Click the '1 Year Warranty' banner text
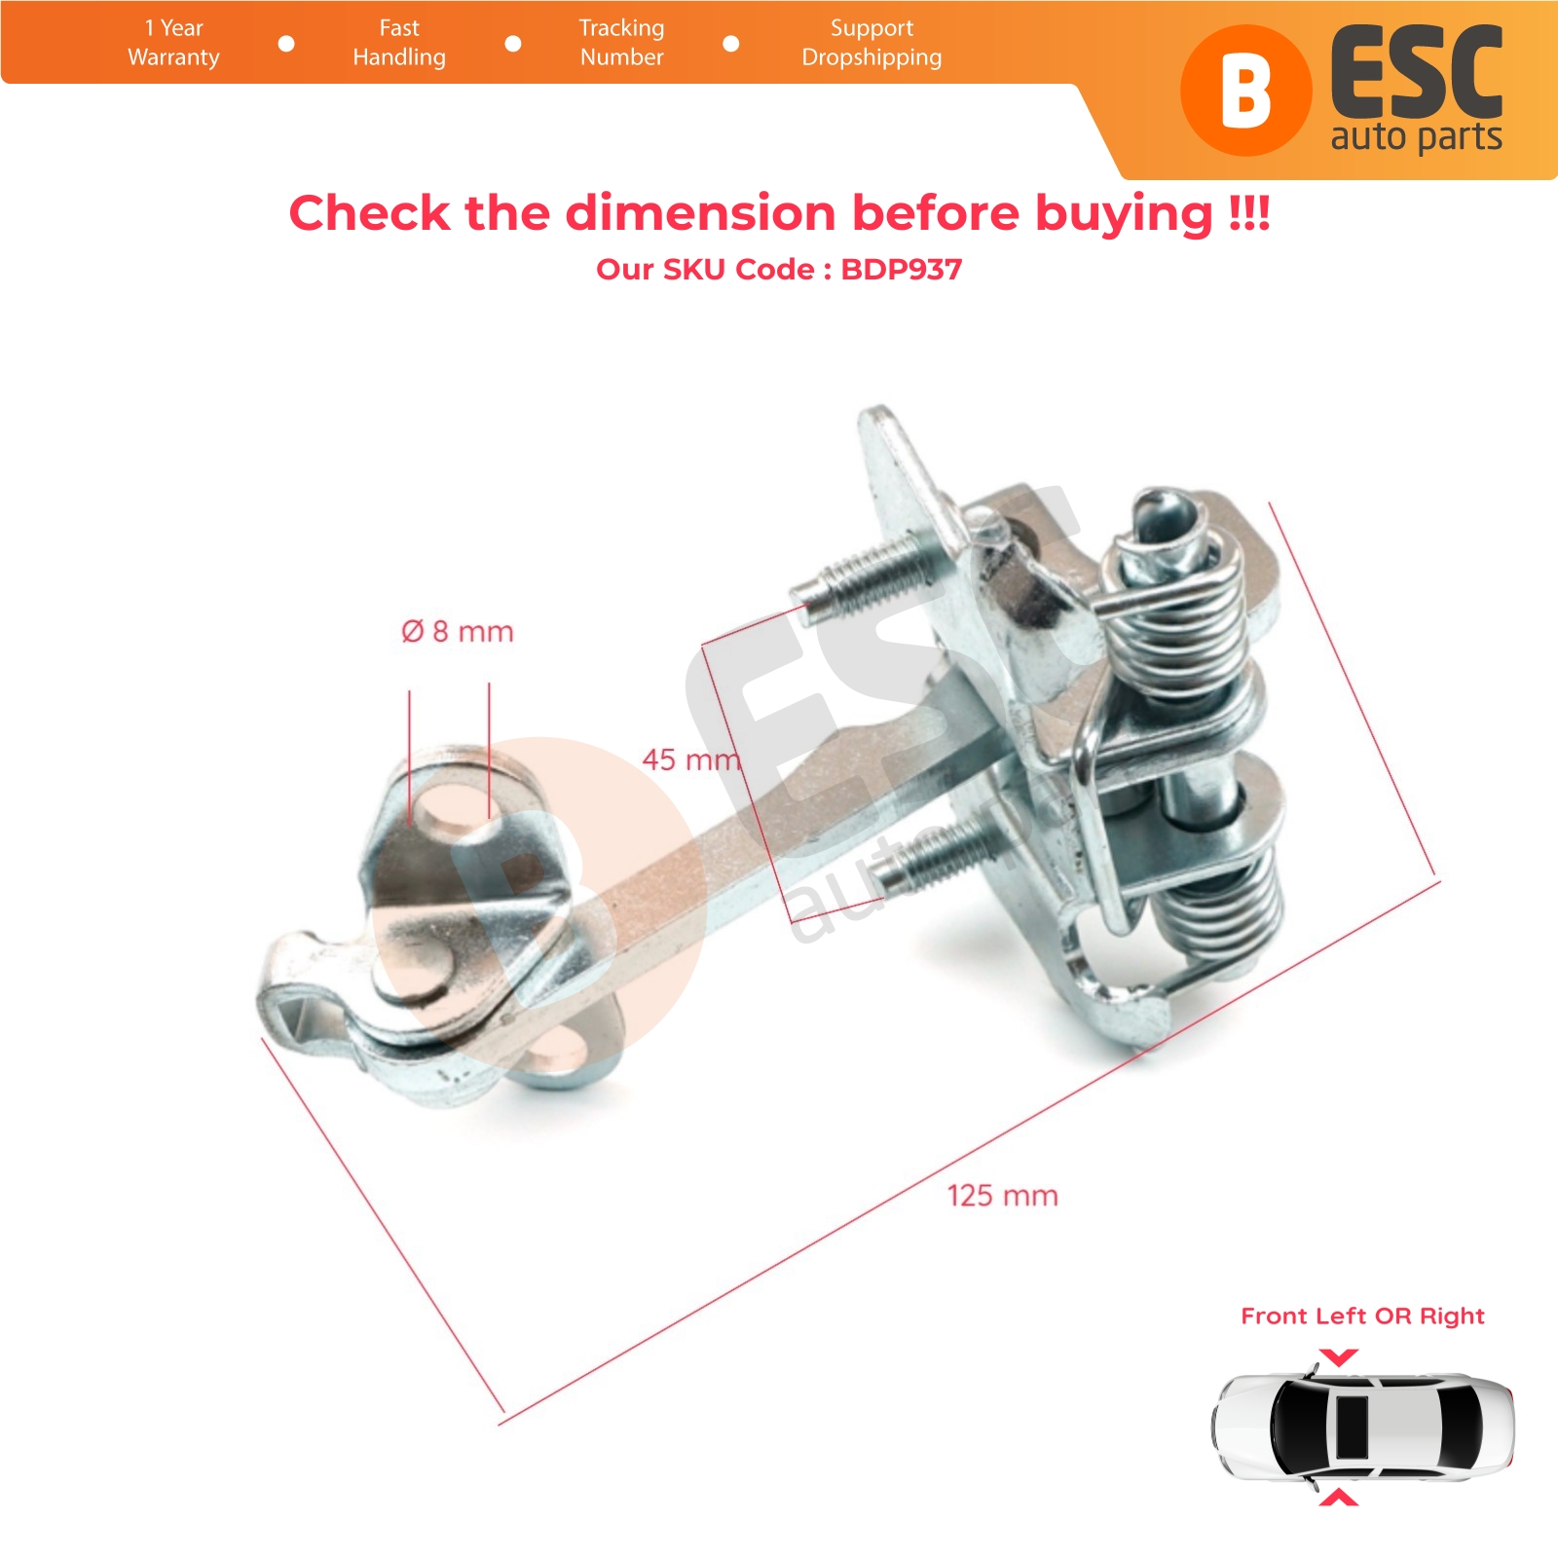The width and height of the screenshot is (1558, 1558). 173,43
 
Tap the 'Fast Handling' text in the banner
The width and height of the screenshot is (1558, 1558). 399,43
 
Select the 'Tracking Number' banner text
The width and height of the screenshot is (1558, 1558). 621,43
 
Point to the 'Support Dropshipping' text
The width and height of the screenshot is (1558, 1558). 872,43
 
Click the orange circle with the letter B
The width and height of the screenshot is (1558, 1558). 1245,91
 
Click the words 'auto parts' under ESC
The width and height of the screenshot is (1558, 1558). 1417,137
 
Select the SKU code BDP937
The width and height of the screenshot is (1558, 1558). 902,270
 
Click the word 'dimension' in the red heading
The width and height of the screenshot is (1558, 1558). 700,213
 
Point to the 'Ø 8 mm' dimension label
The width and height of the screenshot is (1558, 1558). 458,631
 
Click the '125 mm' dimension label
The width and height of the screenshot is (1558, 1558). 1003,1196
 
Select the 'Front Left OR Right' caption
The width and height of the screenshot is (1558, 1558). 1362,1317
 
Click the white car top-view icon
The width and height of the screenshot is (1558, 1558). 1362,1428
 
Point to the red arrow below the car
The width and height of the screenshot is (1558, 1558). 1339,1497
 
